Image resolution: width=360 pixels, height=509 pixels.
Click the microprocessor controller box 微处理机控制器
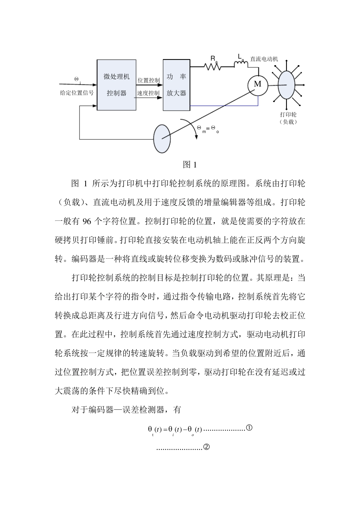(116, 85)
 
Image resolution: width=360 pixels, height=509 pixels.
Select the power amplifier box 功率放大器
(176, 85)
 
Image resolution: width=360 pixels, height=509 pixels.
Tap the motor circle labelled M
(258, 84)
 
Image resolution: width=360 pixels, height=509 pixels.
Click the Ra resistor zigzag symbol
(213, 67)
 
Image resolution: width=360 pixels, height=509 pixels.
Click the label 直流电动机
(264, 59)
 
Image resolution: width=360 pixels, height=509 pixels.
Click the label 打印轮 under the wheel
(288, 114)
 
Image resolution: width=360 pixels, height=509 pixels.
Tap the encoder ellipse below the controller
(162, 138)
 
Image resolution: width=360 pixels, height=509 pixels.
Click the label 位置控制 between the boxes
(148, 80)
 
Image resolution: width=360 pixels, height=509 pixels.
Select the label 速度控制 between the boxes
(148, 93)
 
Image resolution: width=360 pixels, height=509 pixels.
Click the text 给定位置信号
(77, 93)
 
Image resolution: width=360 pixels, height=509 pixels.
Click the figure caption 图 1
(189, 165)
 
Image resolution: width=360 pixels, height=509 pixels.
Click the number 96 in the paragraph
(87, 222)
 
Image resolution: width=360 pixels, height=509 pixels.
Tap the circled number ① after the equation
(249, 428)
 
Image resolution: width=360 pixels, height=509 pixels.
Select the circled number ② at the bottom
(207, 447)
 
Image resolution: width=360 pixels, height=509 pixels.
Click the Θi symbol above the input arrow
(77, 80)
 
